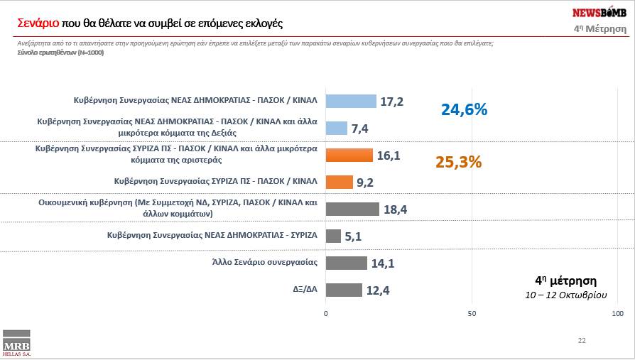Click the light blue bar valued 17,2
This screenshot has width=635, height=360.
click(351, 101)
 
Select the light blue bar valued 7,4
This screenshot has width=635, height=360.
click(337, 128)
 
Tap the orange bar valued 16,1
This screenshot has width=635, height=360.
click(349, 155)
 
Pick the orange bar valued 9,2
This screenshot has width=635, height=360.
click(339, 182)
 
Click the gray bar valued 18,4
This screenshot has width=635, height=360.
click(352, 209)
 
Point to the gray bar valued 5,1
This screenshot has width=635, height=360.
click(333, 236)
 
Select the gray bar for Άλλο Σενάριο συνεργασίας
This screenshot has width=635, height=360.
click(346, 263)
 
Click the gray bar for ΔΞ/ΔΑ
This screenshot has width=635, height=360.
click(344, 290)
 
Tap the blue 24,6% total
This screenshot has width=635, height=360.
click(464, 109)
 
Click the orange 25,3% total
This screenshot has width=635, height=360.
click(458, 162)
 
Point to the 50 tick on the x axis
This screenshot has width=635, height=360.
click(472, 313)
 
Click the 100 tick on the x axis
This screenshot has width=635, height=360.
click(617, 313)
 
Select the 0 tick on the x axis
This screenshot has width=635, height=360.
click(326, 313)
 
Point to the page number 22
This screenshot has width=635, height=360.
click(582, 341)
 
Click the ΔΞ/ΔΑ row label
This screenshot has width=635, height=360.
click(302, 290)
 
